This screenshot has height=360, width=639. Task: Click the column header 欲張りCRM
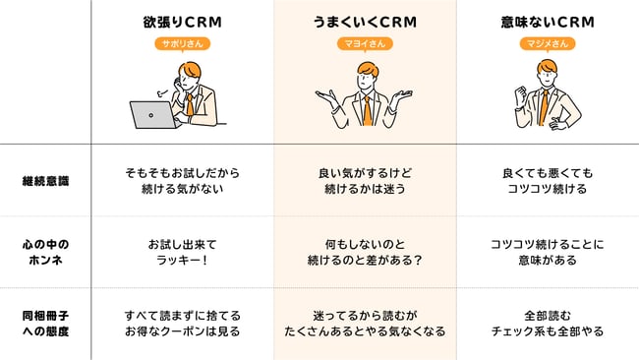[182, 21]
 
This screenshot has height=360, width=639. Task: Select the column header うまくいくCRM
[365, 21]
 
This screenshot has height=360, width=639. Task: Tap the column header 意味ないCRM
[547, 21]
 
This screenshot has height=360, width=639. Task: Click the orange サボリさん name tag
[182, 43]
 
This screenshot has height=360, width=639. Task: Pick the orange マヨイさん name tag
[365, 43]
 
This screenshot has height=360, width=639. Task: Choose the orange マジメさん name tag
[547, 43]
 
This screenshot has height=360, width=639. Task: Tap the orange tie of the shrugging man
[367, 108]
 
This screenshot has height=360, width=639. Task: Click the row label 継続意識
[46, 180]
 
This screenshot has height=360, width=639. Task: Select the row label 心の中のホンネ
[46, 252]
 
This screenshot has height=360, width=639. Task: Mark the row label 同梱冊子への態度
[46, 324]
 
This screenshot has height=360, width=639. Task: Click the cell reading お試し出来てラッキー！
[182, 252]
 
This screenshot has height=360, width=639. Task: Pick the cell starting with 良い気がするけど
[365, 180]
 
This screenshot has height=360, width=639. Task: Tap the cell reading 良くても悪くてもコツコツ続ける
[547, 180]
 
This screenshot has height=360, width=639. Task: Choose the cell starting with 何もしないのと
[365, 252]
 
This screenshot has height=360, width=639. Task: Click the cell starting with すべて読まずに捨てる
[182, 324]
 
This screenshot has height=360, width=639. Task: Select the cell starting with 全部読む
[547, 324]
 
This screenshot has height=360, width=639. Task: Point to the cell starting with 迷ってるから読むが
[365, 324]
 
